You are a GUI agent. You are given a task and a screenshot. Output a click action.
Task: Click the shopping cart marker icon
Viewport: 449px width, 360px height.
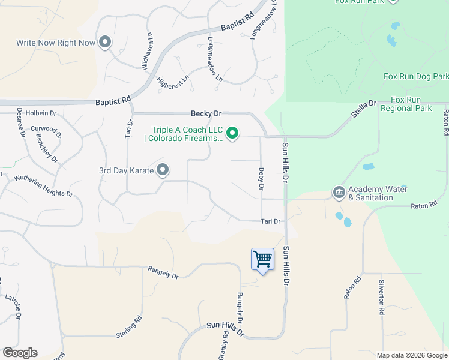click(x=262, y=259)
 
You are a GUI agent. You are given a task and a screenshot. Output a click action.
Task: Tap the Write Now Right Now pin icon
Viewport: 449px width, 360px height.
click(x=105, y=42)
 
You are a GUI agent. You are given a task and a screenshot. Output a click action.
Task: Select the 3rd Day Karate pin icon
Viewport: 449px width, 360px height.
click(x=163, y=170)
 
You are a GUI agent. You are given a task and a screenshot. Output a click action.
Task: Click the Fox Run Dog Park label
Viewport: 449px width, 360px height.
click(x=415, y=77)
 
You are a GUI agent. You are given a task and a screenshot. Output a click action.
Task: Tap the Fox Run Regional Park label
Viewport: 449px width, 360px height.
click(x=411, y=104)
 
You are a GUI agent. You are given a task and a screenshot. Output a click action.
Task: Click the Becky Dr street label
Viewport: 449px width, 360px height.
click(x=206, y=113)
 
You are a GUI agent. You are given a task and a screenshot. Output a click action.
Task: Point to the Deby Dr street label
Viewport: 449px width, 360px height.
click(x=261, y=179)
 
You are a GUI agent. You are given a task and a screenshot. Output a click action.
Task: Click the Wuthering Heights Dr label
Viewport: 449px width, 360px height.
click(x=43, y=186)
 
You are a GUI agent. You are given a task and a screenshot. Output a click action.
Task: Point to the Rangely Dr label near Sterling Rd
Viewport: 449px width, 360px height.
click(x=163, y=273)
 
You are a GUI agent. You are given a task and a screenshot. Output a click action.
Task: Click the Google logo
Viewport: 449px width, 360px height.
click(x=20, y=353)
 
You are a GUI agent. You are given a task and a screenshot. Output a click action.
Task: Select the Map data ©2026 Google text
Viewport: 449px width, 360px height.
click(x=412, y=355)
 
